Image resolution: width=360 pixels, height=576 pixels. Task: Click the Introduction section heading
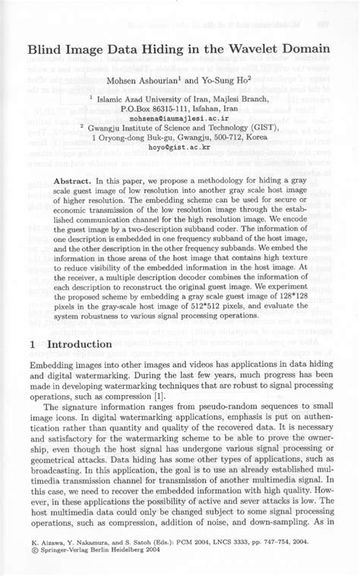(x=80, y=344)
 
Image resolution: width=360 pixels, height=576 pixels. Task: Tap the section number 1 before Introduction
(x=33, y=344)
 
